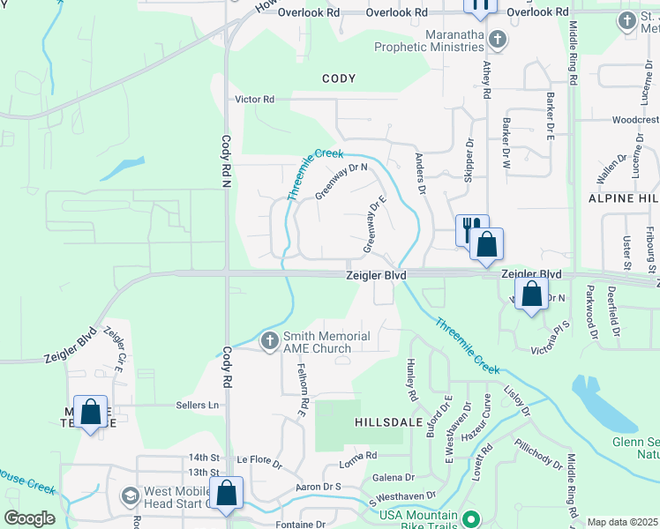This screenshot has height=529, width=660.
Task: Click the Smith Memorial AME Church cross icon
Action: point(271,339)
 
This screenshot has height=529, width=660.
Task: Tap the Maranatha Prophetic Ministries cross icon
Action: point(497,39)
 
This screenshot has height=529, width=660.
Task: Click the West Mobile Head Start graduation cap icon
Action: point(130,495)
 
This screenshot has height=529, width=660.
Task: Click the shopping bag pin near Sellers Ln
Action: point(90,412)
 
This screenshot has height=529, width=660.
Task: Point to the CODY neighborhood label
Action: point(339,79)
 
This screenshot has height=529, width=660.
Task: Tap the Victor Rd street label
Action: point(254,100)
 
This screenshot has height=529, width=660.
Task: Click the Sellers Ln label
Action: point(200,405)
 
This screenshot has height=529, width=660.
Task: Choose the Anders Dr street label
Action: point(421,173)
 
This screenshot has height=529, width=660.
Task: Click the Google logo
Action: point(29,518)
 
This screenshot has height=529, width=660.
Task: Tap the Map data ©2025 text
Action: point(622,522)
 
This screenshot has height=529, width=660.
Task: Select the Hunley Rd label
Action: point(411,376)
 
